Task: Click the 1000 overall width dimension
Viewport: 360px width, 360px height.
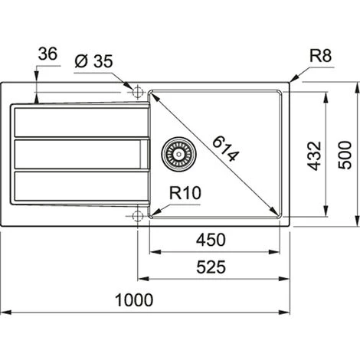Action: click(x=145, y=299)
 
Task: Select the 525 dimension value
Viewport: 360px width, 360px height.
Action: click(x=210, y=267)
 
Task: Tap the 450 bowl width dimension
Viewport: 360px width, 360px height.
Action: click(x=210, y=240)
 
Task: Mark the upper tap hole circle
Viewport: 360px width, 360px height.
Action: click(x=138, y=92)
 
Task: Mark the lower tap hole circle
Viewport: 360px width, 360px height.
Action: click(x=138, y=215)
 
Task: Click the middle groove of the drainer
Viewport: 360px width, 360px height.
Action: click(x=77, y=153)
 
